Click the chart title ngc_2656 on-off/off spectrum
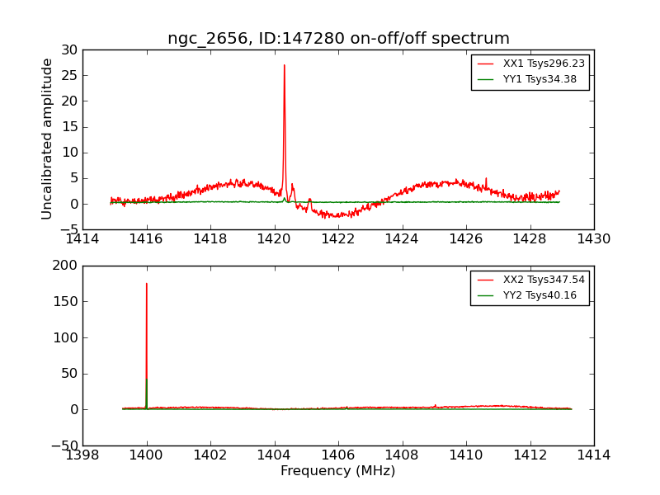338,39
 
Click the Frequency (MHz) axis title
338,471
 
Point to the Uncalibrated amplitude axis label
48,139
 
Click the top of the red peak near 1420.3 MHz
285,65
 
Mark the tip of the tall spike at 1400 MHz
147,284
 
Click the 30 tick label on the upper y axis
69,50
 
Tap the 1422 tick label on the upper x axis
338,239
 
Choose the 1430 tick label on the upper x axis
594,239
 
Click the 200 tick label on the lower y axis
66,266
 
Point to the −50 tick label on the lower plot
64,445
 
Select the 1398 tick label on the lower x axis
82,455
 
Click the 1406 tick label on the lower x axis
338,455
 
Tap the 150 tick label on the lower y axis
66,302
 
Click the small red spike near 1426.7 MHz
486,178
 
